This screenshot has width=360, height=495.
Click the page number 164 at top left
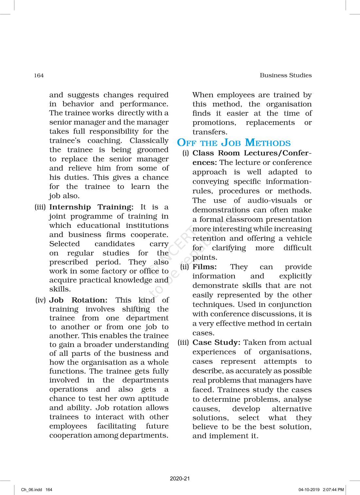coord(39,76)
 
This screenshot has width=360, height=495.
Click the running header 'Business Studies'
coord(285,75)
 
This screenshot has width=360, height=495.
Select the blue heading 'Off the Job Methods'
coord(234,143)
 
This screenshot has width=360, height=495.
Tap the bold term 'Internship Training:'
coord(91,207)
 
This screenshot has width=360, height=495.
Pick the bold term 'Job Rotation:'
coord(78,300)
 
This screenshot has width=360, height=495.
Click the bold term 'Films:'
coord(205,267)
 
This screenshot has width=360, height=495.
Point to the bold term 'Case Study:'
coord(216,342)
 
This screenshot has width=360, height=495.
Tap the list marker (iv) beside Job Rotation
coord(41,300)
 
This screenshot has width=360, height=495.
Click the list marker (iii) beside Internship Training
coord(40,207)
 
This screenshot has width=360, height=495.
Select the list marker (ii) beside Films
coord(185,267)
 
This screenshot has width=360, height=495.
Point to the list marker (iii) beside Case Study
coord(183,342)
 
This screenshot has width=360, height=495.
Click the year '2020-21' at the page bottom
coord(180,478)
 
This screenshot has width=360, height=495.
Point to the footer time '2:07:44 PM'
coord(333,490)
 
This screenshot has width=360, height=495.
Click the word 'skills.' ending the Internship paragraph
coord(60,289)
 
